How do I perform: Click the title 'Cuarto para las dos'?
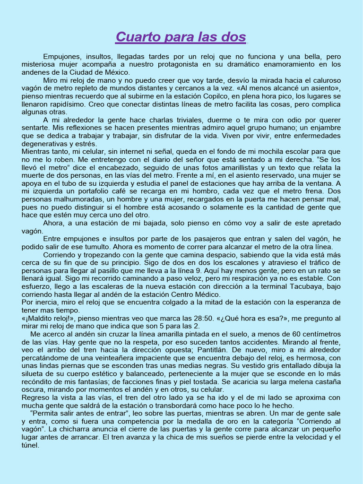click(181, 37)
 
